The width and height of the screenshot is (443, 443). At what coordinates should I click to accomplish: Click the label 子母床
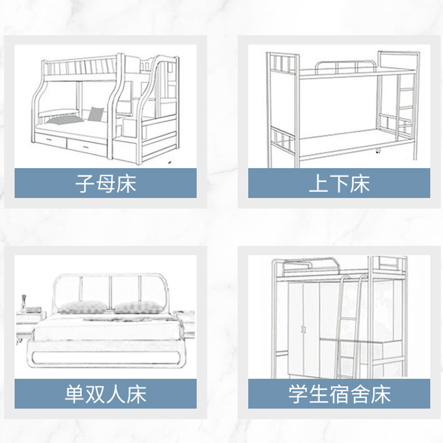105,184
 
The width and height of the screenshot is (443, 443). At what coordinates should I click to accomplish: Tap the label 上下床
339,184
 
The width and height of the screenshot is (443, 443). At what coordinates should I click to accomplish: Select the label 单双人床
105,394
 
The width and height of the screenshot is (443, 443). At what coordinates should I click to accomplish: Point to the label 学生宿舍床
339,394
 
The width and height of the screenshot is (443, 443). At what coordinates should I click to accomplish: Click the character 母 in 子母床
105,184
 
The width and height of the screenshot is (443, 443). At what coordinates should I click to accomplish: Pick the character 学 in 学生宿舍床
298,394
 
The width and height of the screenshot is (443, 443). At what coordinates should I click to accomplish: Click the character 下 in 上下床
339,184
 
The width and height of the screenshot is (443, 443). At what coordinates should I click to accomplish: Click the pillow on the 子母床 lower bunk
96,114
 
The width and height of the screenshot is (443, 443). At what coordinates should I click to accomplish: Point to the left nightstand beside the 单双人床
29,324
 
